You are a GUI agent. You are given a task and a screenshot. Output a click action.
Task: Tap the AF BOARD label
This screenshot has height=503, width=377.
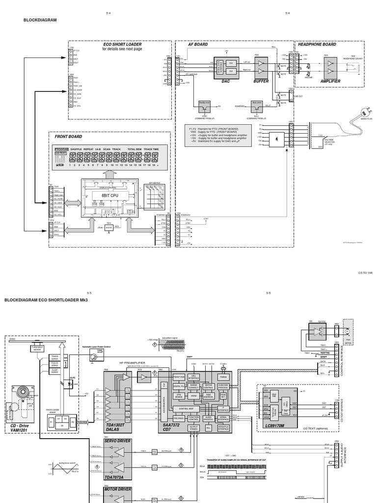coord(198,44)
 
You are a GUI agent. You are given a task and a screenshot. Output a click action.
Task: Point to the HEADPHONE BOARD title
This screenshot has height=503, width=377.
coord(317,44)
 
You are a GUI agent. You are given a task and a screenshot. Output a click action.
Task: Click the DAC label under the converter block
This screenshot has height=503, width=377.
coord(225,81)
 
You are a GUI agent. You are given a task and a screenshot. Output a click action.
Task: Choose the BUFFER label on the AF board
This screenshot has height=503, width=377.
coord(261,81)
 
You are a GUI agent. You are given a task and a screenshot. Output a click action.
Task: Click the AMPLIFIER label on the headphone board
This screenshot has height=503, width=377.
coord(330,81)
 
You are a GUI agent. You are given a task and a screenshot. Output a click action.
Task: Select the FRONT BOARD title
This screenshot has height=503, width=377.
coord(69,137)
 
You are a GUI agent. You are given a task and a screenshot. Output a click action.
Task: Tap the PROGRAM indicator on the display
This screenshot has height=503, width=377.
coord(62,149)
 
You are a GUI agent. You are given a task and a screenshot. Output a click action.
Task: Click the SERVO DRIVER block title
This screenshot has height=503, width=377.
coord(117,441)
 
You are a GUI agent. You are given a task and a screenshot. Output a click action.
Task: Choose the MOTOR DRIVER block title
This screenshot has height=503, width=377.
coord(117,489)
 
